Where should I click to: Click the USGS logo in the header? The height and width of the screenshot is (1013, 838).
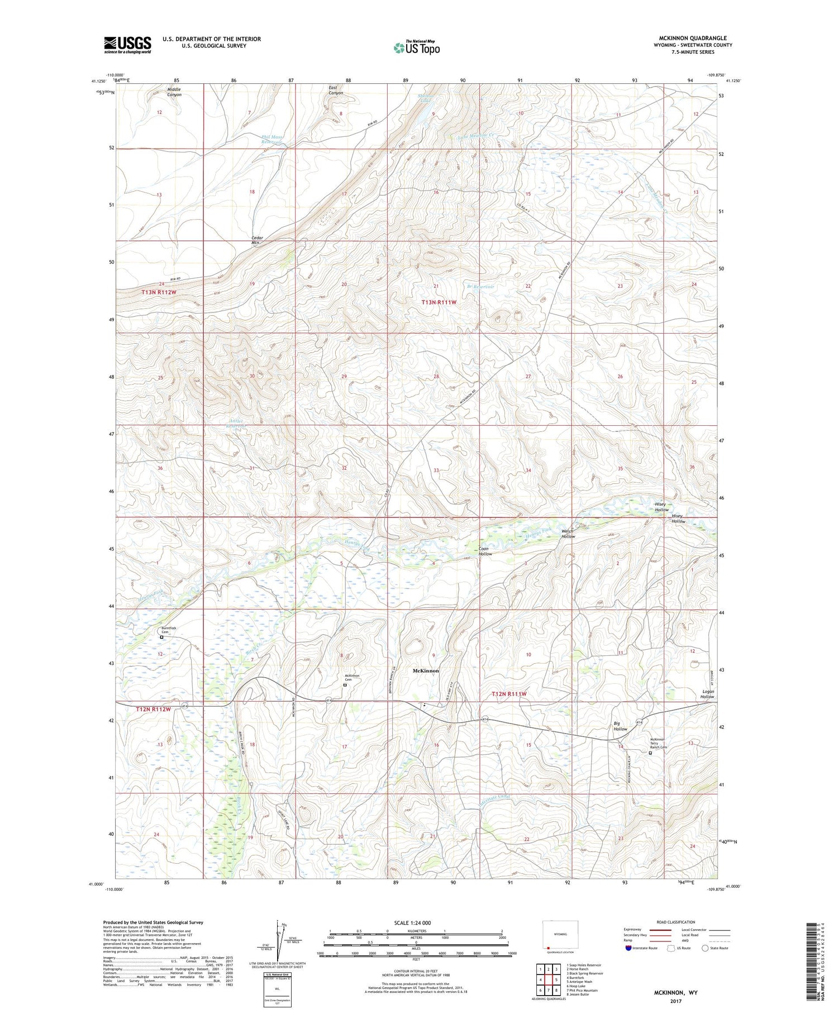[127, 45]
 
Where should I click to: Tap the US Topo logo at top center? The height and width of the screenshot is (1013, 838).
[416, 48]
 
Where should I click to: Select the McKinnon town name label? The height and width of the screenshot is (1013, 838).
[425, 670]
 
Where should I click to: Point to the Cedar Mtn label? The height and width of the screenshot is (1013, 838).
[256, 240]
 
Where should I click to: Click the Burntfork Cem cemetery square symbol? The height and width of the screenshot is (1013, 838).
[162, 637]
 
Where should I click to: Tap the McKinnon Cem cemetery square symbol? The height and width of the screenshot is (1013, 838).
[345, 684]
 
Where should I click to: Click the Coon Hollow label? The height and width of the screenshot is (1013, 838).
[485, 551]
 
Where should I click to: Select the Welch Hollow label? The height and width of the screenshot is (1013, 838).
[568, 534]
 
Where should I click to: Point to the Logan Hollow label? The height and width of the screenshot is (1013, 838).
[707, 694]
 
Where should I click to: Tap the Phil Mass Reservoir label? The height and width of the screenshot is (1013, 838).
[272, 139]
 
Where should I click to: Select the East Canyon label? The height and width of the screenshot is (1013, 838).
[336, 90]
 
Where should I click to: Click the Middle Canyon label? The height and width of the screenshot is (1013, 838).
[174, 92]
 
